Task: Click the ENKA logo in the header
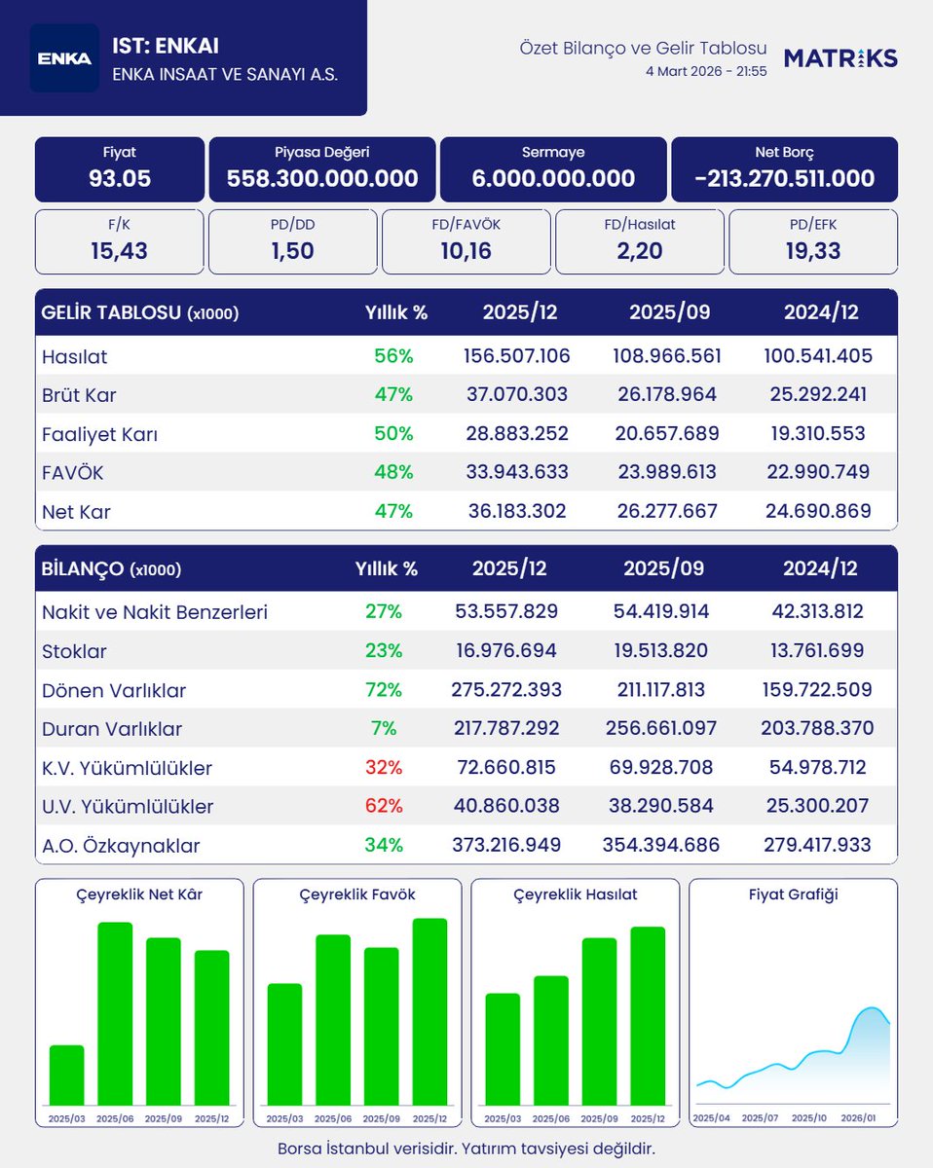point(64,58)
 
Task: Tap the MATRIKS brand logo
point(840,58)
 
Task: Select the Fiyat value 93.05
point(120,178)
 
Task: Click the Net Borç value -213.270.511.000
point(784,178)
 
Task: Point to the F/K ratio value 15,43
point(119,251)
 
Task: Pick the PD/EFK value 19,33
point(813,251)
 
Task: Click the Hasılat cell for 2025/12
point(516,356)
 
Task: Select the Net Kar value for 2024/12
point(818,511)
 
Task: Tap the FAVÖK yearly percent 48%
point(393,472)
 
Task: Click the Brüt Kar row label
point(79,395)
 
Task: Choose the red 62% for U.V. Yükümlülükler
point(384,806)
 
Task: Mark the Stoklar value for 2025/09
point(661,650)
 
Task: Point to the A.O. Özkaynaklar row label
point(121,846)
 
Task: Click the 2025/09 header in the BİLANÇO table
point(663,568)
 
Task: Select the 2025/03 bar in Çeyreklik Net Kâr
point(67,1075)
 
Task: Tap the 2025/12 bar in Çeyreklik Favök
point(429,1011)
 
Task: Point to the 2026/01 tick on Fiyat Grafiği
point(858,1118)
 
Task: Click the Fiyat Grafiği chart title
point(793,894)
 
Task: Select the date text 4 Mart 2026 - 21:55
point(706,72)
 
